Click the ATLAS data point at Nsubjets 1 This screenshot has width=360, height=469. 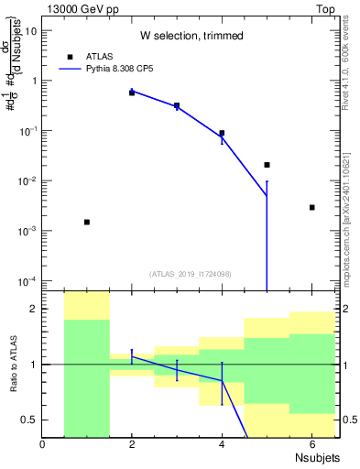(x=87, y=222)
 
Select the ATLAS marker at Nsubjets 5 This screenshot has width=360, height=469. (x=267, y=165)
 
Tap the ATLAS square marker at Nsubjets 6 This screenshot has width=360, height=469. (x=311, y=208)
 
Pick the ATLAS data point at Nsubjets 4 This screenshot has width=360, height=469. (x=222, y=133)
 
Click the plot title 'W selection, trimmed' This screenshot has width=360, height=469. (x=191, y=36)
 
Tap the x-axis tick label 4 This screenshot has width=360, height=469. (x=222, y=444)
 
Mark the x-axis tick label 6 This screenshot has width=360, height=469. (x=311, y=444)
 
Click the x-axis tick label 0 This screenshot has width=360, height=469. (x=43, y=444)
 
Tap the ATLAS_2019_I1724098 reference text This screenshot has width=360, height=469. (x=191, y=273)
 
